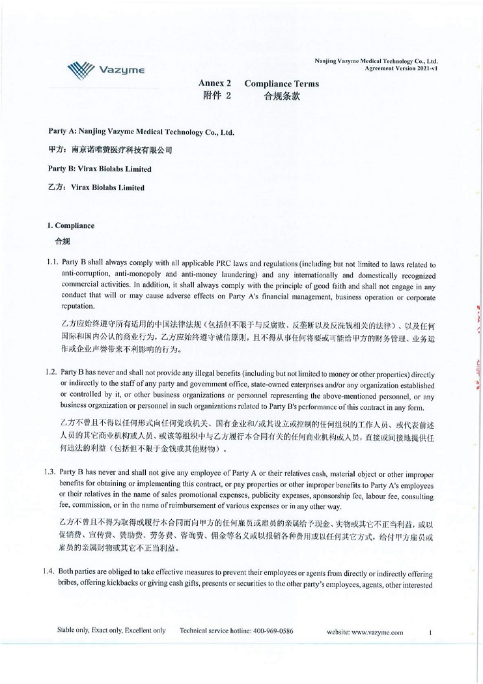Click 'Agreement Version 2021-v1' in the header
(404, 67)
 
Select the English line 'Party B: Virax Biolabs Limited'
(100, 169)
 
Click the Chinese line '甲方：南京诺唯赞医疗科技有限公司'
(110, 150)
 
